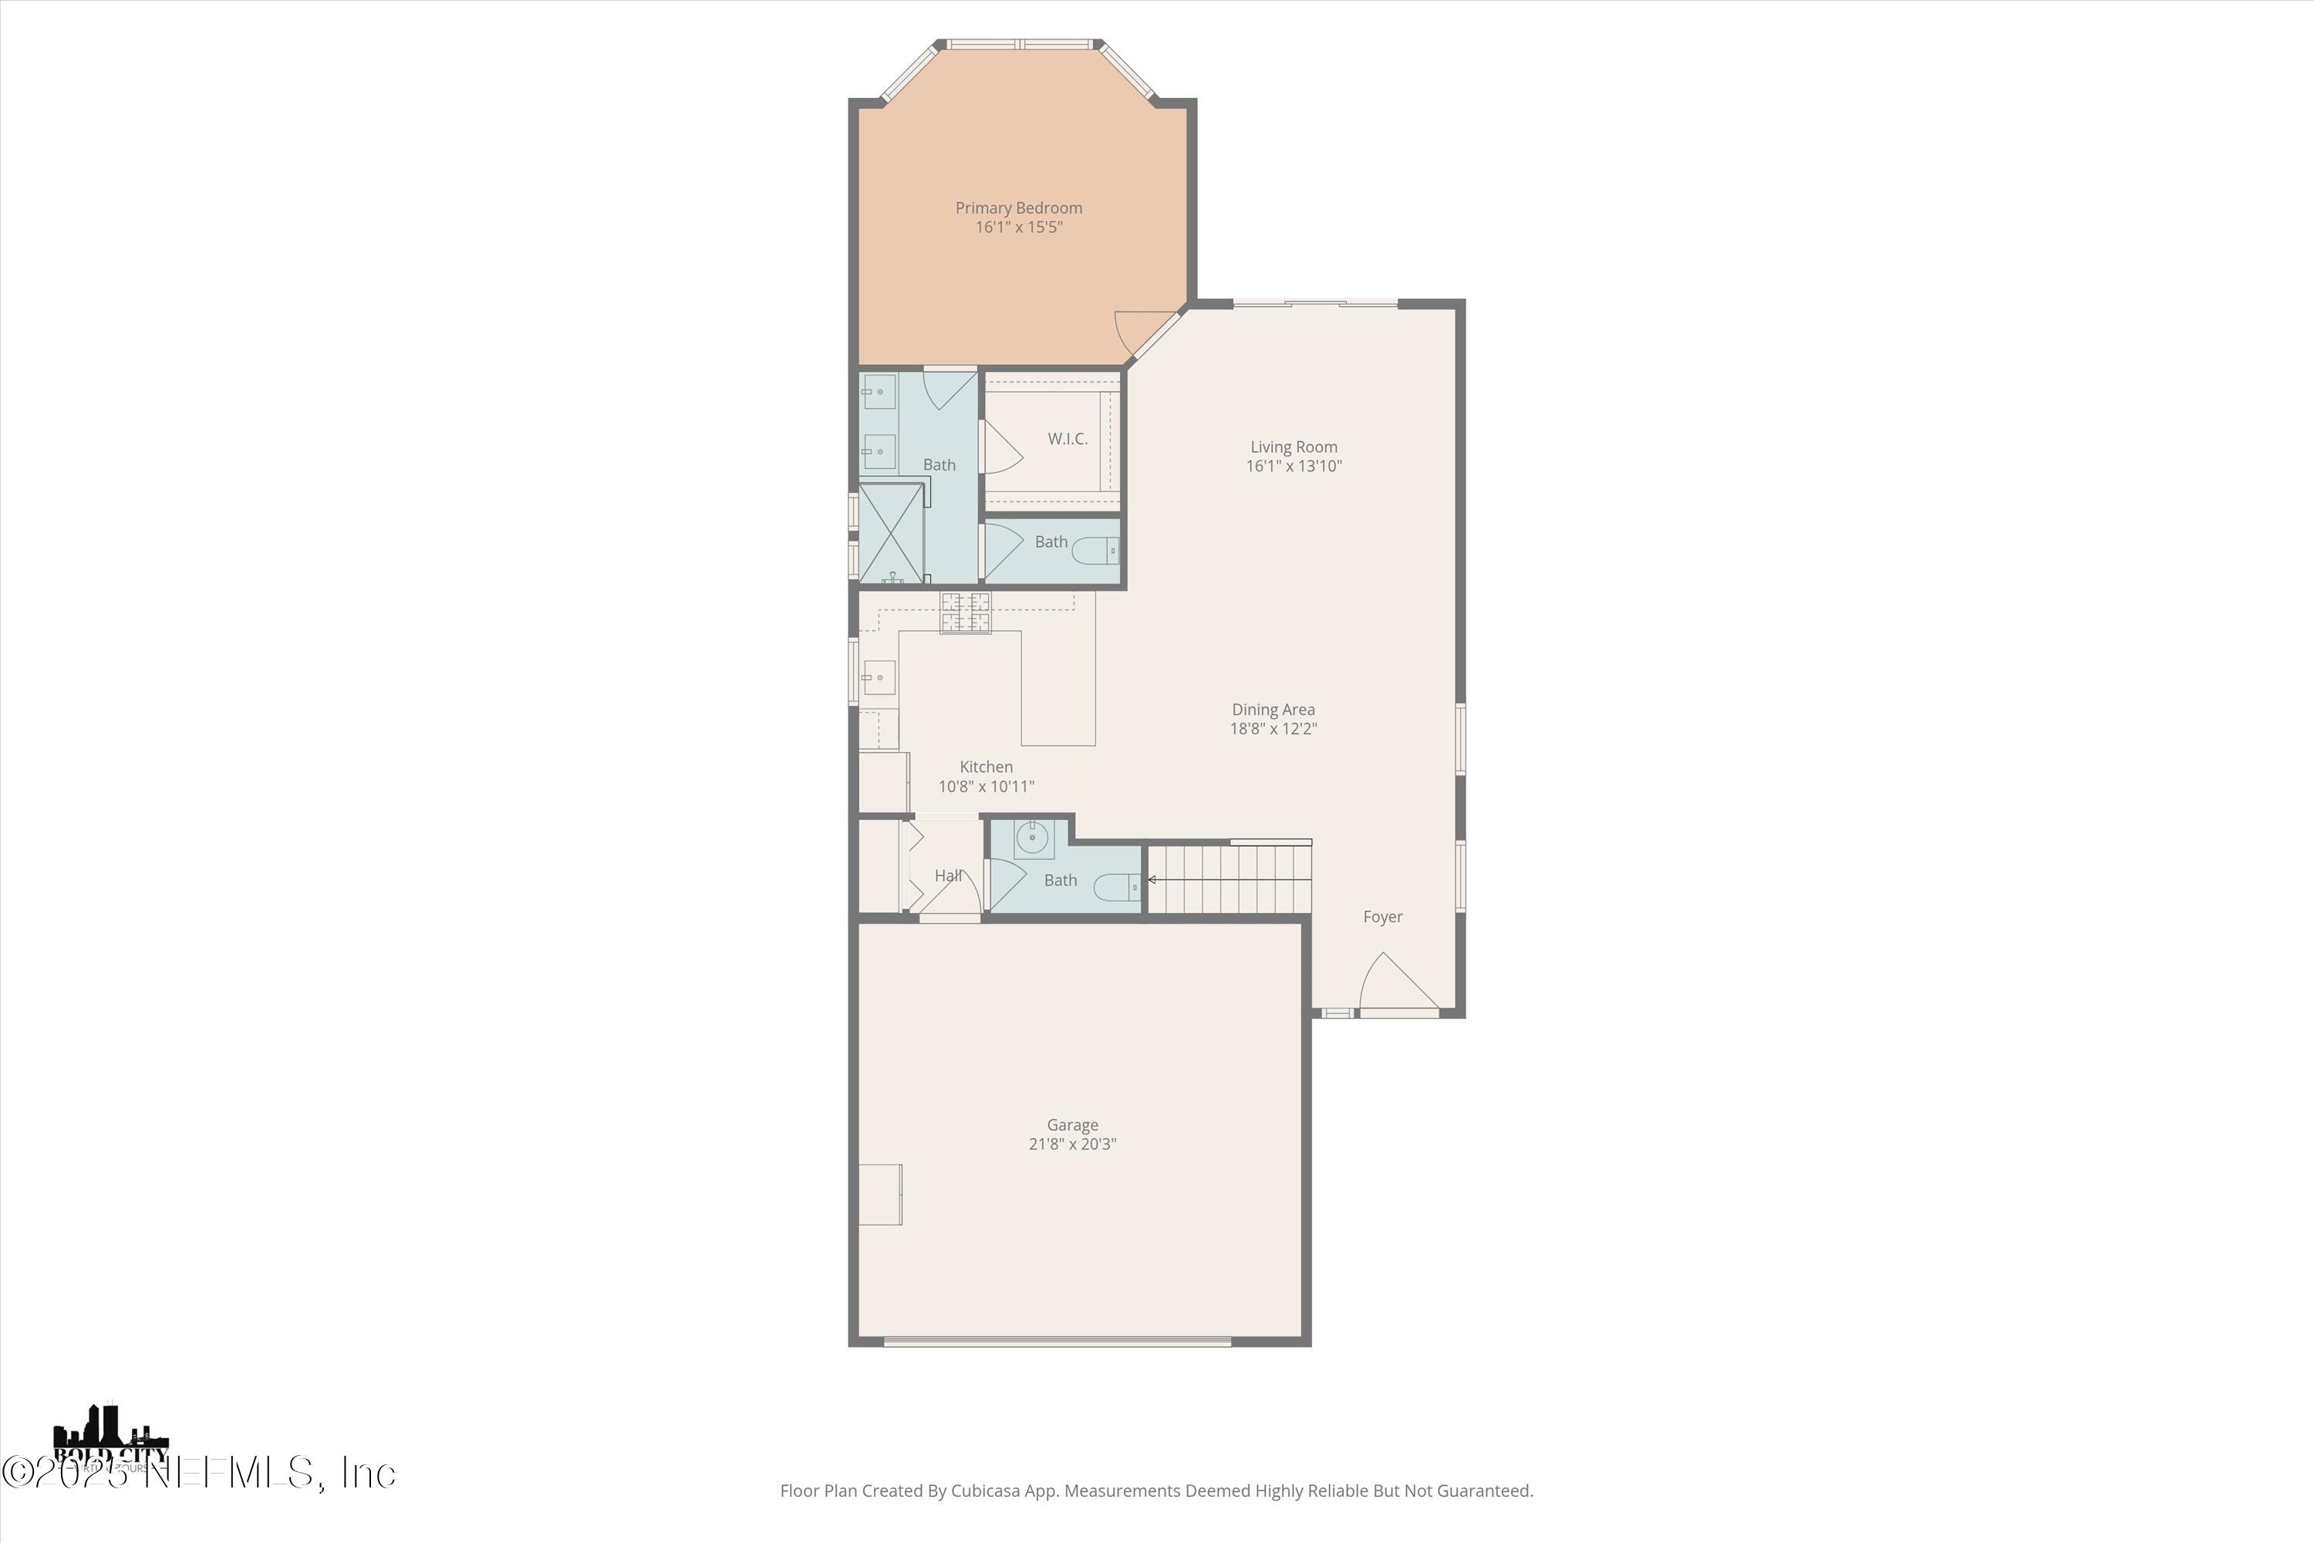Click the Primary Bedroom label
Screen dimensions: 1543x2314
point(1018,208)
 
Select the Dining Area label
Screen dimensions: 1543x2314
point(1273,710)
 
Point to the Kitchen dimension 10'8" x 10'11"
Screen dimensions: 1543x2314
point(986,786)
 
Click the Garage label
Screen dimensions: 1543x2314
point(1072,1125)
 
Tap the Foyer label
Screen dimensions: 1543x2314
point(1382,917)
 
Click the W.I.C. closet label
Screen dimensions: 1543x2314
point(1068,439)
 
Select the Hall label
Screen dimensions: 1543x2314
point(947,875)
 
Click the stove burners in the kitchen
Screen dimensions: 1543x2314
point(965,612)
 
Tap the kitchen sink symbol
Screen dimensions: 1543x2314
point(879,677)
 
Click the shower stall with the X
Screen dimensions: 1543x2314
point(892,532)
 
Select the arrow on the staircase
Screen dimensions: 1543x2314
point(1152,880)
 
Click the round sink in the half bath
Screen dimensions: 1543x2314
point(1032,839)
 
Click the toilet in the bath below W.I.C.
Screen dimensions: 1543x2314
point(1096,550)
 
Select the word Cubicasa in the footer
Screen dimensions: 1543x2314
point(990,1491)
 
